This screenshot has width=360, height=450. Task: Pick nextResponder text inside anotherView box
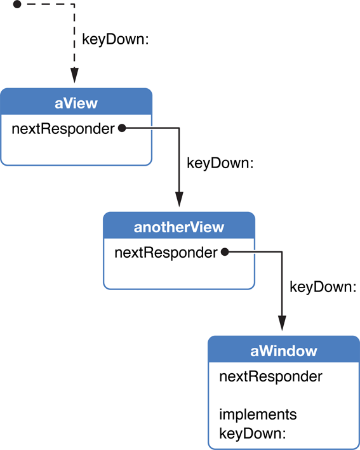click(166, 253)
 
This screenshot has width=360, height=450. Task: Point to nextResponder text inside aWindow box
click(270, 376)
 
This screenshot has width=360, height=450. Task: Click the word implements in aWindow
click(258, 414)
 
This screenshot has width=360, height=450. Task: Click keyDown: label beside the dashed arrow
click(116, 39)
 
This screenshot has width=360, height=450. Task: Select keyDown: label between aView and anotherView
click(220, 162)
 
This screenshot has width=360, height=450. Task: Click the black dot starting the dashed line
click(17, 4)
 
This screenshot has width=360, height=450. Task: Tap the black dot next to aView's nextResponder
click(121, 128)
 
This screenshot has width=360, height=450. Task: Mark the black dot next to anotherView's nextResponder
click(224, 253)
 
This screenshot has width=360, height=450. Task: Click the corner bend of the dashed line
click(74, 4)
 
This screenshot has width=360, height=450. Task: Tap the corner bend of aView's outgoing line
click(179, 128)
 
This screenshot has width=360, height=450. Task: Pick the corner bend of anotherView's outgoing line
click(282, 253)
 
